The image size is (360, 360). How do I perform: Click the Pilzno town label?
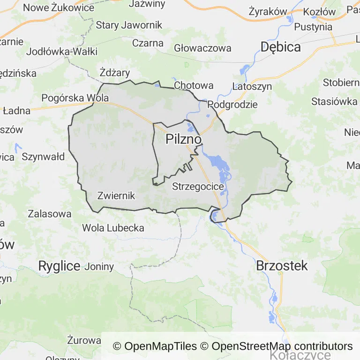pyautogui.click(x=184, y=140)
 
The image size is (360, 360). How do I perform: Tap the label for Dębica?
pyautogui.click(x=280, y=46)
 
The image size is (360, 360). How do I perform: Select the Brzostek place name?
pyautogui.click(x=282, y=266)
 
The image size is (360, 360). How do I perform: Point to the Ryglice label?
pyautogui.click(x=59, y=266)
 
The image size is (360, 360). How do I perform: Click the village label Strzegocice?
pyautogui.click(x=198, y=186)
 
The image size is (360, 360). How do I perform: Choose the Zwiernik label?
pyautogui.click(x=116, y=195)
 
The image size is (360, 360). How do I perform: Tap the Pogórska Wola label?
pyautogui.click(x=75, y=98)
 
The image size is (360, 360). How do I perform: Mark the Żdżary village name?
pyautogui.click(x=115, y=73)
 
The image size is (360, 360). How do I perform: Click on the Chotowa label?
pyautogui.click(x=194, y=85)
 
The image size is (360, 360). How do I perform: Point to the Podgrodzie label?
pyautogui.click(x=232, y=104)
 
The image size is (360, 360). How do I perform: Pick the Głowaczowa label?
pyautogui.click(x=202, y=48)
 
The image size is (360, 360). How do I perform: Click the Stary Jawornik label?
pyautogui.click(x=129, y=25)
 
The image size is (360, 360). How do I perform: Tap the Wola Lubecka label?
pyautogui.click(x=113, y=228)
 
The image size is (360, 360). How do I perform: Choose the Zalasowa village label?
pyautogui.click(x=50, y=214)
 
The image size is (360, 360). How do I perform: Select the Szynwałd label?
pyautogui.click(x=43, y=157)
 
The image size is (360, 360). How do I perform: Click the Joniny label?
pyautogui.click(x=99, y=267)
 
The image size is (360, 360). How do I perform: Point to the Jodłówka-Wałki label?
pyautogui.click(x=62, y=52)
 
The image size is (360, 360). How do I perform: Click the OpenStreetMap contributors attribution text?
pyautogui.click(x=282, y=346)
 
